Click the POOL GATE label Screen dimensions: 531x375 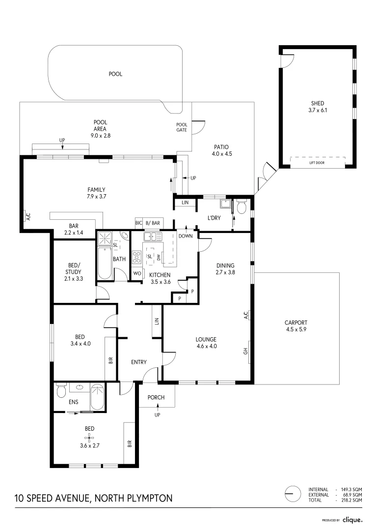tap(182, 127)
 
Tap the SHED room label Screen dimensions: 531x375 tap(317, 103)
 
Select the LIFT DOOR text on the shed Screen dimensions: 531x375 tap(317, 163)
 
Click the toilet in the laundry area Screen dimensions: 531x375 tap(241, 208)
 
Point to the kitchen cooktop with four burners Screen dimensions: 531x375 tap(137, 257)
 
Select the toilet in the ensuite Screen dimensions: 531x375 tap(61, 391)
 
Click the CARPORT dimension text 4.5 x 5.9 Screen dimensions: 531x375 tap(295, 330)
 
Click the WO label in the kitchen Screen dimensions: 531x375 tap(137, 274)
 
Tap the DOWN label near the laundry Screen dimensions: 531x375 tap(186, 236)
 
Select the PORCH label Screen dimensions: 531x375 tap(156, 398)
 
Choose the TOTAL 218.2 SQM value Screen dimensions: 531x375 tap(351, 500)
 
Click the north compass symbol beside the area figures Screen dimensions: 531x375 tap(293, 493)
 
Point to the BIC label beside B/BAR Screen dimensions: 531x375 tap(138, 223)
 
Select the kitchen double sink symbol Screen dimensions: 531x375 tap(153, 237)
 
